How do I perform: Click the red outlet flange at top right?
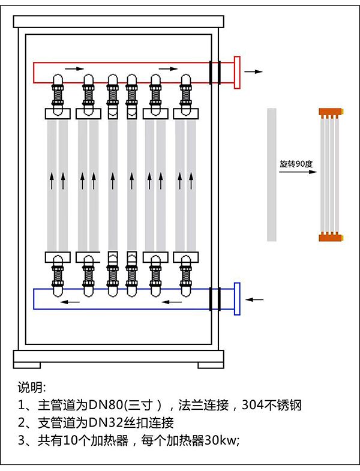(x=237, y=72)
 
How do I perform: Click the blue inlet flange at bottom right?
(x=237, y=298)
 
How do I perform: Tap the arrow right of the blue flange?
(x=256, y=298)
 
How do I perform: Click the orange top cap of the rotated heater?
(x=330, y=112)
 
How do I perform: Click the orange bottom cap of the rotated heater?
(x=330, y=236)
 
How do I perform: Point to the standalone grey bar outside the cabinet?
(x=272, y=174)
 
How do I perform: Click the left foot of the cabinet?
(x=28, y=364)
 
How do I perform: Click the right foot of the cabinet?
(x=210, y=364)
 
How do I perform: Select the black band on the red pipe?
(x=214, y=72)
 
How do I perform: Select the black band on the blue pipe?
(x=214, y=298)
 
